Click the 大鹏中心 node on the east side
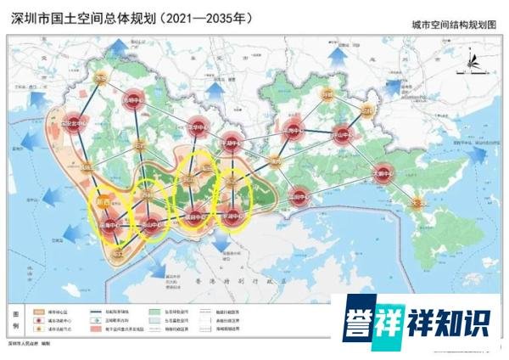[x=384, y=172]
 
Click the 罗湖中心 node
[x=232, y=215]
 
